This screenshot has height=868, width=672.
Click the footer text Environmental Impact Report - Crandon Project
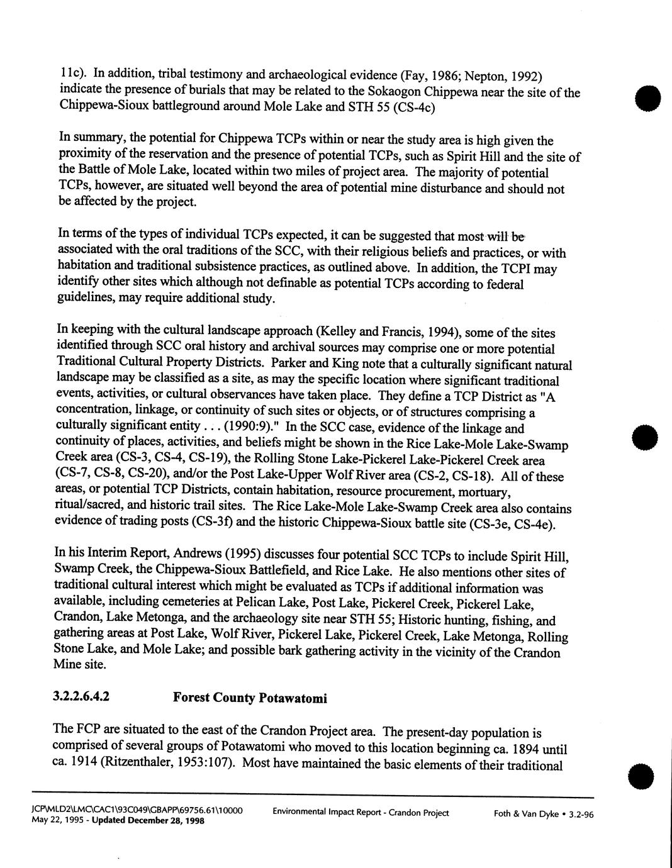coord(361,813)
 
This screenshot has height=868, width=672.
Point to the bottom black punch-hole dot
coord(643,774)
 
